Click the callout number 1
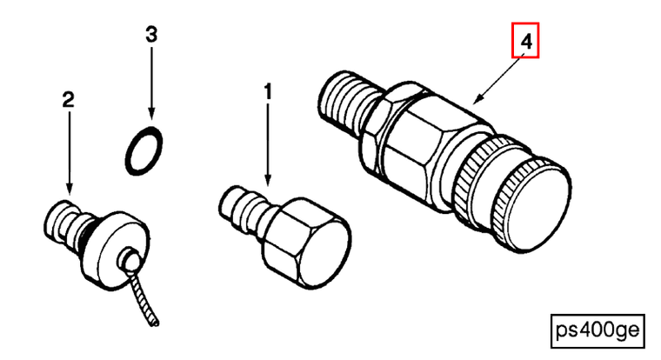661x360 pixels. coord(268,92)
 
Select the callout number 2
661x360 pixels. coord(68,100)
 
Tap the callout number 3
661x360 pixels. coord(151,34)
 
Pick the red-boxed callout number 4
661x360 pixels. coord(525,41)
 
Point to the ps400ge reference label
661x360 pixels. coord(598,331)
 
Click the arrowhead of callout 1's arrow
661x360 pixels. coord(267,182)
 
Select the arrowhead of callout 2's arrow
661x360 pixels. coord(69,190)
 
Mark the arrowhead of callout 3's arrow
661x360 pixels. coord(151,113)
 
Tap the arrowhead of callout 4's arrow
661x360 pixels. coord(476,99)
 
